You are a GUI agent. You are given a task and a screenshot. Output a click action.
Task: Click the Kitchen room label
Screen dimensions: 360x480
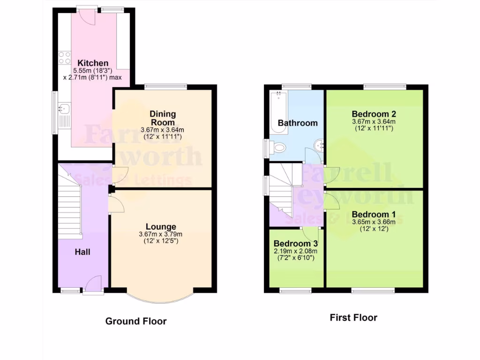(x=93, y=63)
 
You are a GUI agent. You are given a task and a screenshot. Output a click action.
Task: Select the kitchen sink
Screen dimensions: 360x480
(x=64, y=109)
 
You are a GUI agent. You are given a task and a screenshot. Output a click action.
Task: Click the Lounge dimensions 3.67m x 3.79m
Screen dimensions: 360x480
(x=160, y=234)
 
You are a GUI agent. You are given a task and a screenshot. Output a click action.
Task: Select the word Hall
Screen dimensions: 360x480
(x=82, y=252)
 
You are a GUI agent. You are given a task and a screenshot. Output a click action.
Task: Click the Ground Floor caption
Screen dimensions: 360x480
(x=135, y=321)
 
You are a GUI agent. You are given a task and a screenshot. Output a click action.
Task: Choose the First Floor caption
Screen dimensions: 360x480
(x=353, y=317)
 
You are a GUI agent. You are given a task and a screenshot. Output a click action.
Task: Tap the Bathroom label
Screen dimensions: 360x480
(x=298, y=123)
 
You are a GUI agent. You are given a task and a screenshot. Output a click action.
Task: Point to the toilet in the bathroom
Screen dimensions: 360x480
(x=278, y=148)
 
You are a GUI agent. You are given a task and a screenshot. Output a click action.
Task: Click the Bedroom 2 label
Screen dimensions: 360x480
(x=374, y=114)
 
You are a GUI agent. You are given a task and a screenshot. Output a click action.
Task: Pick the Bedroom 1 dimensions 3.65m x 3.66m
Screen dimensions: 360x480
(x=374, y=222)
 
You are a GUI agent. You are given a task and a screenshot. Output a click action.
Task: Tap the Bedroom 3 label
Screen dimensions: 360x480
(x=296, y=244)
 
